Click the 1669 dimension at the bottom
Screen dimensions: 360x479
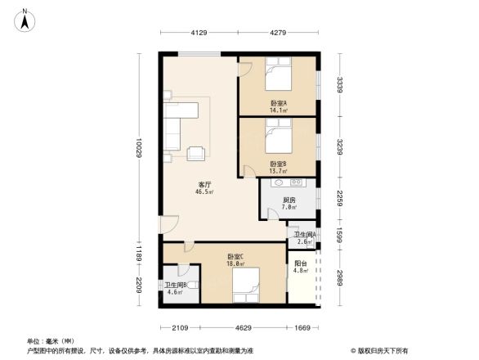[x=302, y=327]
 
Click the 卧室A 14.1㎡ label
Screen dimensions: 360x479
[x=278, y=106]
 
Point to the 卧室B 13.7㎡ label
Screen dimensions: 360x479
[x=278, y=167]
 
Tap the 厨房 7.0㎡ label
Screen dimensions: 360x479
[x=289, y=204]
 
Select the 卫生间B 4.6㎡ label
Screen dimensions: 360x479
[x=176, y=288]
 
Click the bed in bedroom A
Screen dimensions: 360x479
[x=277, y=77]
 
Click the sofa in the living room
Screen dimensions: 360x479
[x=174, y=128]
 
